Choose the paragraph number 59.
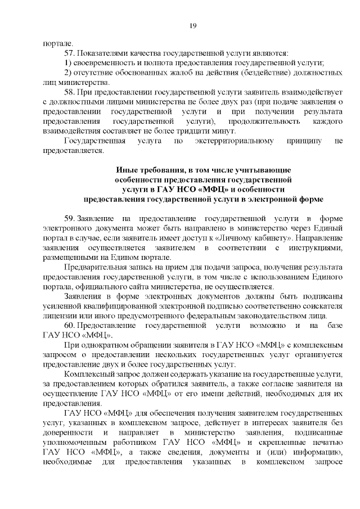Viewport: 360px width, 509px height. click(x=70, y=218)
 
